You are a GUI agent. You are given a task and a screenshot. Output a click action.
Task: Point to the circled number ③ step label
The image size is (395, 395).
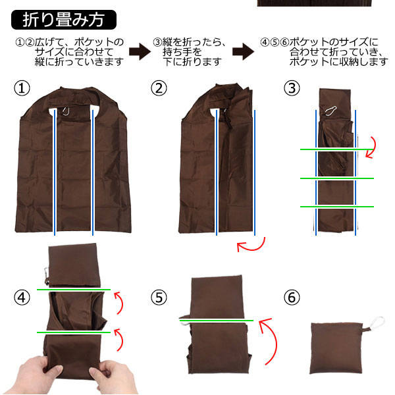point(293,88)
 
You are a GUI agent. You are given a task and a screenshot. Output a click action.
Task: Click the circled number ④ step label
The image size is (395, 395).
point(22,297)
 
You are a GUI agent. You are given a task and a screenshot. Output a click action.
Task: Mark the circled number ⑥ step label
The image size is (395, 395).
point(293,297)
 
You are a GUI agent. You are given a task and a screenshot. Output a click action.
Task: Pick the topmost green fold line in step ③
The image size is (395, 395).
point(336,149)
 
